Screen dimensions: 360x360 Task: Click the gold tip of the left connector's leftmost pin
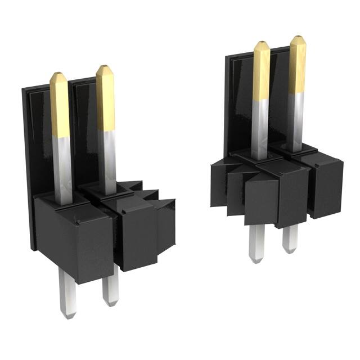coord(59,104)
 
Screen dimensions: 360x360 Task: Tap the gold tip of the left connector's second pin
coord(105,96)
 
